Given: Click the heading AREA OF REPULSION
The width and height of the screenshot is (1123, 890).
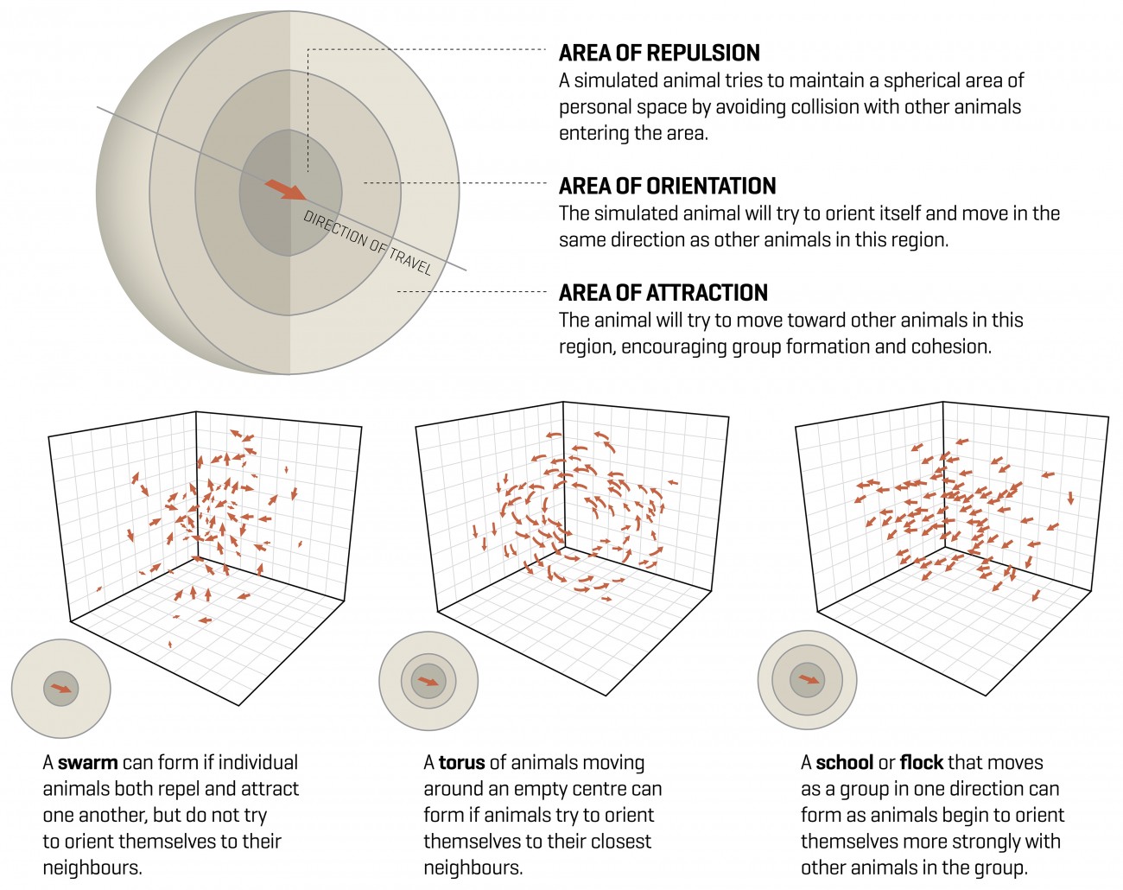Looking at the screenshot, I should (x=659, y=54).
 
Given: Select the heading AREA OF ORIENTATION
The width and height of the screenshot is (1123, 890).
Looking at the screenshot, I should (x=667, y=187).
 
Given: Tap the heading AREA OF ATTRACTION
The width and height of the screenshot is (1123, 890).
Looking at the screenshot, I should (x=663, y=293).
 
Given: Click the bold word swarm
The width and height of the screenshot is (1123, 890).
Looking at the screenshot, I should (x=87, y=763).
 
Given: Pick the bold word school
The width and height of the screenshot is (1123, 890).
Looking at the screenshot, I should (x=844, y=763).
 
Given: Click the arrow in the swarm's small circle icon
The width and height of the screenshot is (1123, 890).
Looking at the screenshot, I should (x=61, y=689).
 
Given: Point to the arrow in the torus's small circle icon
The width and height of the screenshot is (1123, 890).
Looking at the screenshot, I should (x=428, y=682).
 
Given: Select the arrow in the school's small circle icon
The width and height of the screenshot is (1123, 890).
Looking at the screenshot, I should (x=808, y=679).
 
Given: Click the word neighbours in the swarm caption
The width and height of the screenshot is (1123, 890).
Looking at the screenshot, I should (x=92, y=868).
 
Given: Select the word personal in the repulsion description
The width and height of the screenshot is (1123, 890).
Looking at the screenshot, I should (x=595, y=108).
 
